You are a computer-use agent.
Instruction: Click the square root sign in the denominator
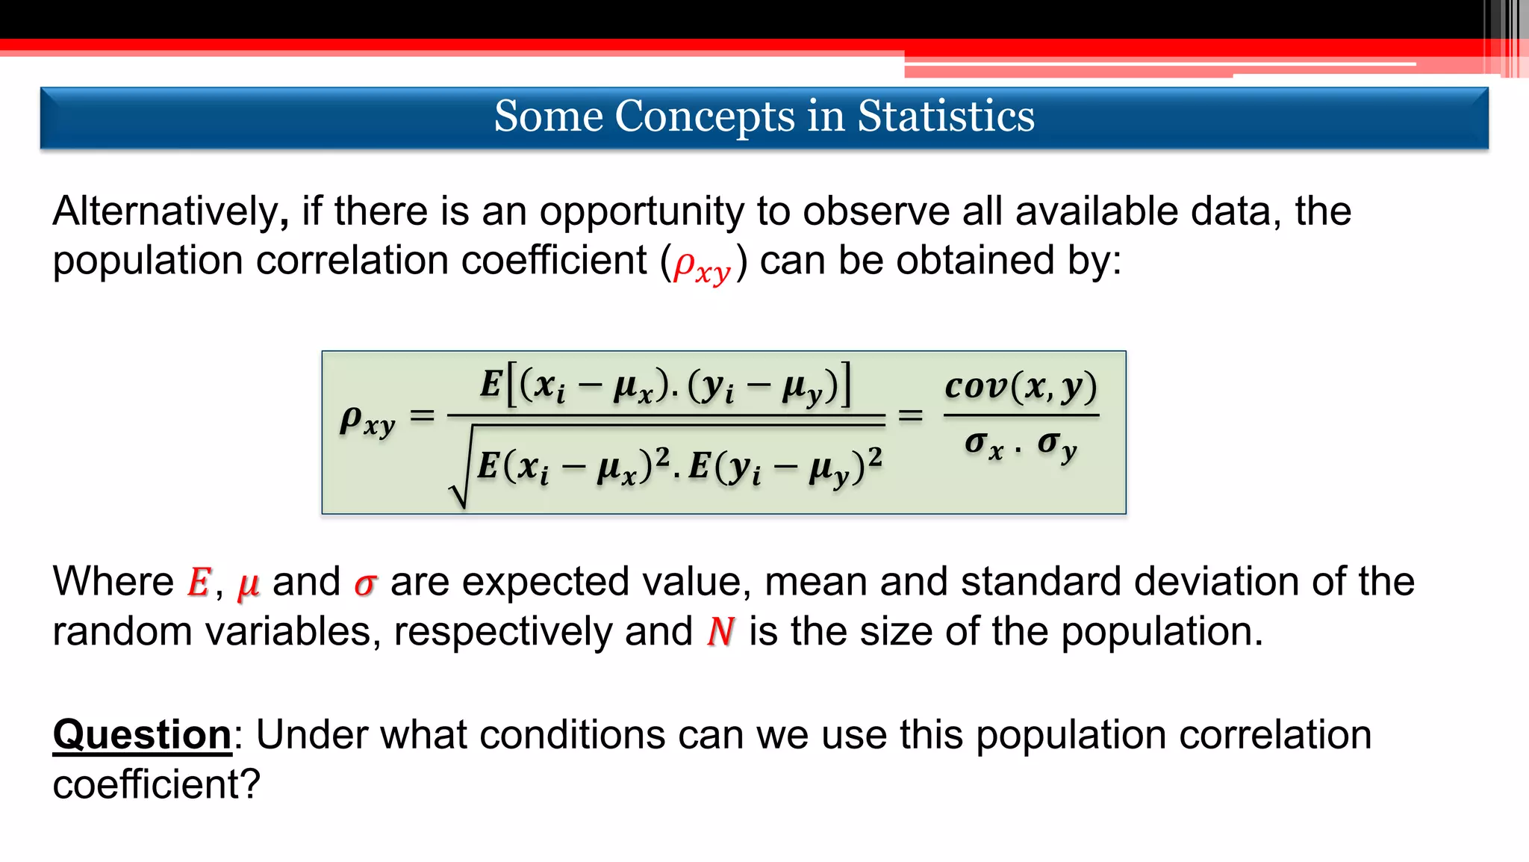point(460,471)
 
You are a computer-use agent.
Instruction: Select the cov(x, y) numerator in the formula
point(1021,386)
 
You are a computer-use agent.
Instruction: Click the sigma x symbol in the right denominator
point(983,445)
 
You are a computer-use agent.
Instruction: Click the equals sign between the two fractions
point(910,415)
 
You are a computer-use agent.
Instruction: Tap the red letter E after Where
point(199,583)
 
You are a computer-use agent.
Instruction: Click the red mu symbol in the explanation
point(248,584)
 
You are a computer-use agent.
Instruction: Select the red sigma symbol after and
point(365,584)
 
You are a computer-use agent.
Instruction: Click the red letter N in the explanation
point(720,632)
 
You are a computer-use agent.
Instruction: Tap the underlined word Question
point(142,735)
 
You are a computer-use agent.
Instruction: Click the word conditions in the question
point(572,735)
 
